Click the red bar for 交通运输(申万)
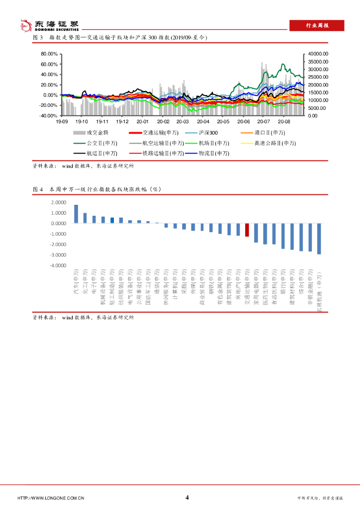tap(247, 230)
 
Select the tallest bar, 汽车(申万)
tap(76, 214)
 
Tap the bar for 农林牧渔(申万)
tap(319, 239)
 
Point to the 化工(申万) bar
tap(85, 218)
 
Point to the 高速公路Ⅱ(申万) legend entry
tap(267, 143)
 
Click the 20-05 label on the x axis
tap(223, 121)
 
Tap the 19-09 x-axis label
tap(61, 121)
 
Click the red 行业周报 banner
tap(317, 26)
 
